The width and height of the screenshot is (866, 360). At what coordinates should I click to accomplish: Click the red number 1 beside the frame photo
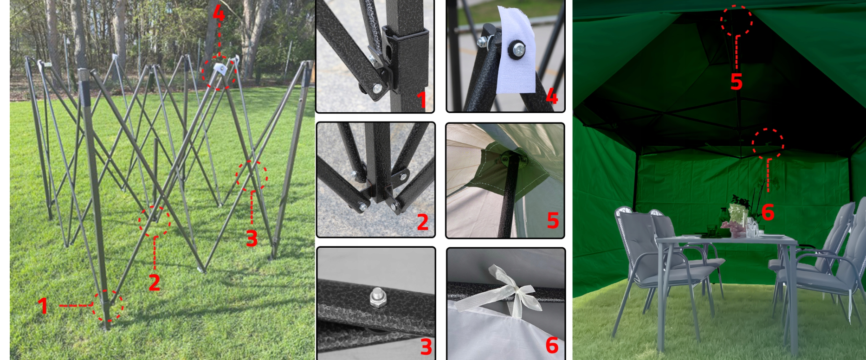click(43, 306)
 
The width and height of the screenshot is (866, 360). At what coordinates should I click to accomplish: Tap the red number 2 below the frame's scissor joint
click(155, 282)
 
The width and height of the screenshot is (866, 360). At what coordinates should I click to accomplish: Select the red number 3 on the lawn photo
click(252, 238)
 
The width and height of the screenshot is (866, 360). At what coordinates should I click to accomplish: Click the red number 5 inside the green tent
click(736, 81)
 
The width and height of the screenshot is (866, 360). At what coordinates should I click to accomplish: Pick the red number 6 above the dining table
click(768, 212)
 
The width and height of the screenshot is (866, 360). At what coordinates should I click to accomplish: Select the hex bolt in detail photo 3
click(377, 297)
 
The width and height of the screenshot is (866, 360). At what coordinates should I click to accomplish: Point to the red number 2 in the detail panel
click(422, 222)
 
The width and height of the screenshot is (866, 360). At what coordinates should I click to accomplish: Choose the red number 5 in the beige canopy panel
click(552, 220)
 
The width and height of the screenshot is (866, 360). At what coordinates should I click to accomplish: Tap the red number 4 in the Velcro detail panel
click(551, 96)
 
